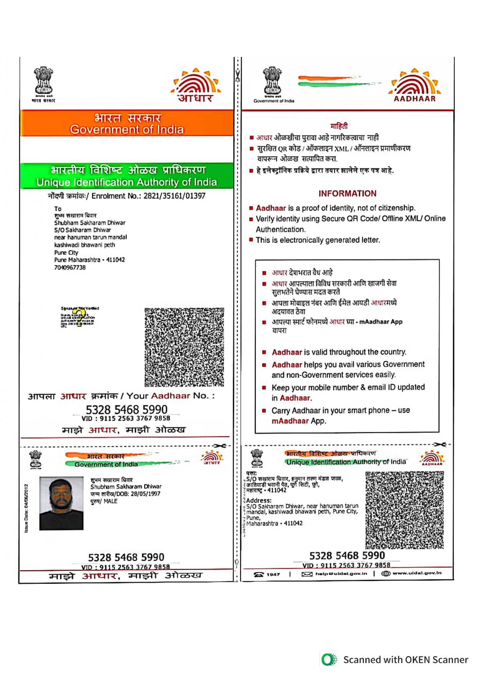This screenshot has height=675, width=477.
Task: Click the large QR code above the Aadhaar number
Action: point(184,347)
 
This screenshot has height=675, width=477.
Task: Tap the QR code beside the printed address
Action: point(404,510)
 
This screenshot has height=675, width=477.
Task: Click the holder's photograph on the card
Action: point(62,503)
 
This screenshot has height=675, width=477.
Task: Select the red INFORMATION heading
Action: point(347,193)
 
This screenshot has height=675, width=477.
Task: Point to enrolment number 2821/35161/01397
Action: point(174,196)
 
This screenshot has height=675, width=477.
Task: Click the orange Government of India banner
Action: point(127,123)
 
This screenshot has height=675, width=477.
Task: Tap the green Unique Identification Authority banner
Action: point(127,176)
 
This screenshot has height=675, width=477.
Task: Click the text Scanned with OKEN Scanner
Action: point(405,660)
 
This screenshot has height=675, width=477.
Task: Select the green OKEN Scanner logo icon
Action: point(329,660)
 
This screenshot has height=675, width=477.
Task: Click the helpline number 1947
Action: point(273,574)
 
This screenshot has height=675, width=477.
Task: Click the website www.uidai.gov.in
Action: point(417,573)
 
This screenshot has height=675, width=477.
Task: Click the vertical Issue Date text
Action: point(26,508)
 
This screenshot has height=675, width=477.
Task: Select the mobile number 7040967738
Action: point(70,268)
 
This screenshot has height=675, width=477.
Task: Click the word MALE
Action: point(110,501)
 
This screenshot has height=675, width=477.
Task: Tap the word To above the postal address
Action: point(58,209)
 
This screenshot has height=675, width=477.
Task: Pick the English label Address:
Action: point(259,500)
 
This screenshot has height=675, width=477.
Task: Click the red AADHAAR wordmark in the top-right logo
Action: point(415,99)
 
